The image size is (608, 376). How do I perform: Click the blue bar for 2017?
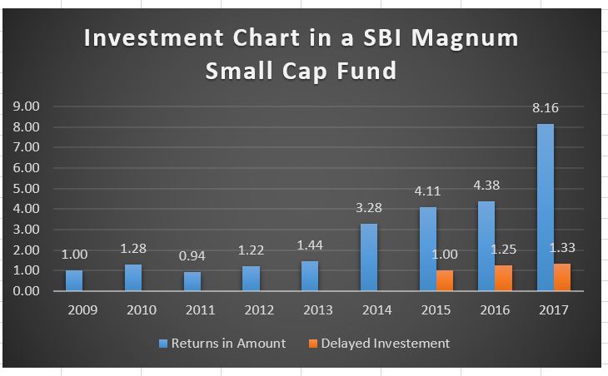[544, 206]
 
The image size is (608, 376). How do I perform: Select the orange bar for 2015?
[445, 280]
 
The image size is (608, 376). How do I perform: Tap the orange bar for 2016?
[503, 277]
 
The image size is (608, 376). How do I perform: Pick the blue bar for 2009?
[74, 280]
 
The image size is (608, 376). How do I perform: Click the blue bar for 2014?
[368, 256]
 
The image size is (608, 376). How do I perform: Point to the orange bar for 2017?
[562, 276]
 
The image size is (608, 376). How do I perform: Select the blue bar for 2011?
[192, 280]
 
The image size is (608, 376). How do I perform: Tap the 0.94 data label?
[192, 255]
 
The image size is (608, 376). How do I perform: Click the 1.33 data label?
[563, 247]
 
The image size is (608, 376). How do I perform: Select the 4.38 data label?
[486, 185]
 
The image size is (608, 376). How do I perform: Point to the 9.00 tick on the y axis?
[27, 106]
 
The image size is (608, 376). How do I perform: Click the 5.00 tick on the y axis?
[27, 188]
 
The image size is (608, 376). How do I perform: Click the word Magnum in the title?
[472, 39]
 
